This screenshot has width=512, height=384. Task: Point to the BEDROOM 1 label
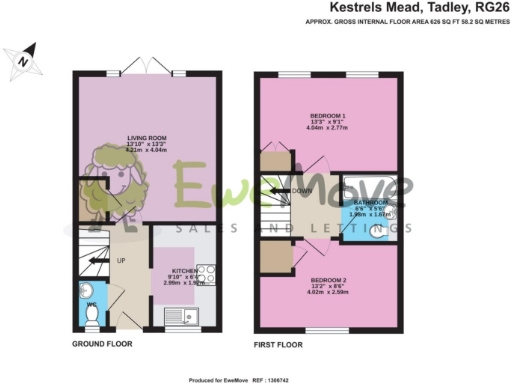(327, 116)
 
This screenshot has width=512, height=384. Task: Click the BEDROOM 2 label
(329, 279)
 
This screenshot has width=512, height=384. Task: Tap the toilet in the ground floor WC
(91, 314)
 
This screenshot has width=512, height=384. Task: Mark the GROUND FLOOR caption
(102, 344)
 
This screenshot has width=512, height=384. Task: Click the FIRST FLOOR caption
(278, 344)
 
